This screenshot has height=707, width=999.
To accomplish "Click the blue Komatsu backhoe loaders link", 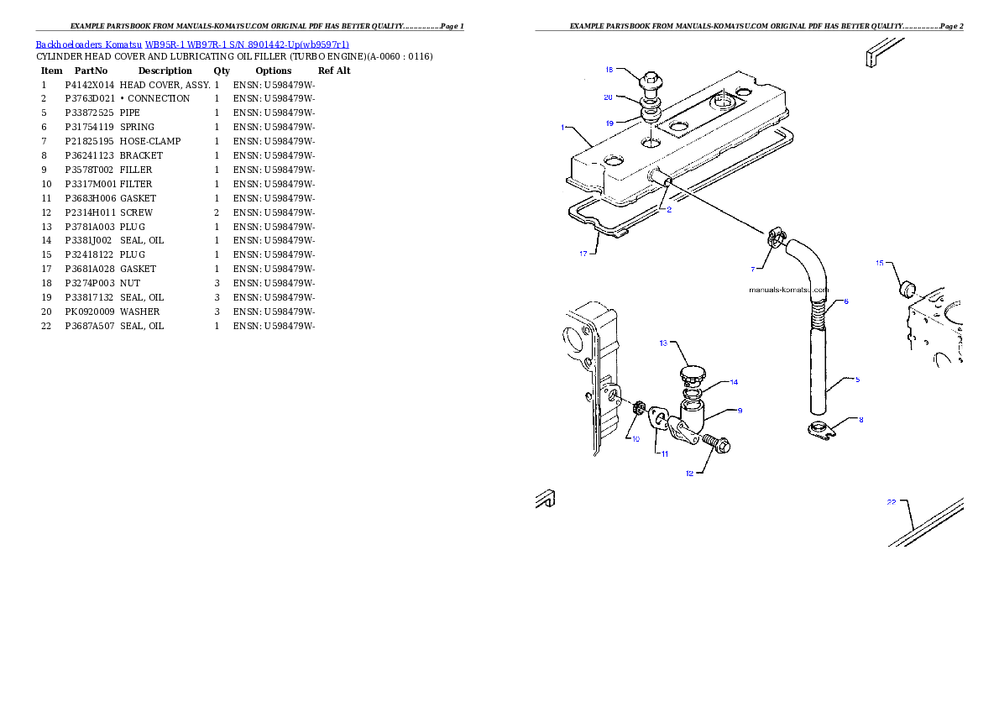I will pyautogui.click(x=192, y=45).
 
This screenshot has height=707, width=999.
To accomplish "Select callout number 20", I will pyautogui.click(x=609, y=97).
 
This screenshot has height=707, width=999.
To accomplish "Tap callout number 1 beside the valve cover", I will pyautogui.click(x=562, y=128).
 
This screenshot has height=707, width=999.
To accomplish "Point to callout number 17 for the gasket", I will pyautogui.click(x=584, y=252).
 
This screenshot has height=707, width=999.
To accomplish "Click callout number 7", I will pyautogui.click(x=754, y=269).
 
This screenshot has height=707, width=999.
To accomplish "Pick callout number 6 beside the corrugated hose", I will pyautogui.click(x=846, y=301).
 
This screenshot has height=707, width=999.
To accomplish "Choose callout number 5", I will pyautogui.click(x=857, y=380).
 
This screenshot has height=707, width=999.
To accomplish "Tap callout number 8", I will pyautogui.click(x=860, y=419).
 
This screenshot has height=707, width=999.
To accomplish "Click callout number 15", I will pyautogui.click(x=880, y=263).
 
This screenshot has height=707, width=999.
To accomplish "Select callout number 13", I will pyautogui.click(x=662, y=343).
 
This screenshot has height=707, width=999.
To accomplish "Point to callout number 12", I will pyautogui.click(x=690, y=474).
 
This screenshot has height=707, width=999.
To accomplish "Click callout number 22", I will pyautogui.click(x=892, y=503).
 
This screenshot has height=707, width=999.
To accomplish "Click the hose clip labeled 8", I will pyautogui.click(x=815, y=432).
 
